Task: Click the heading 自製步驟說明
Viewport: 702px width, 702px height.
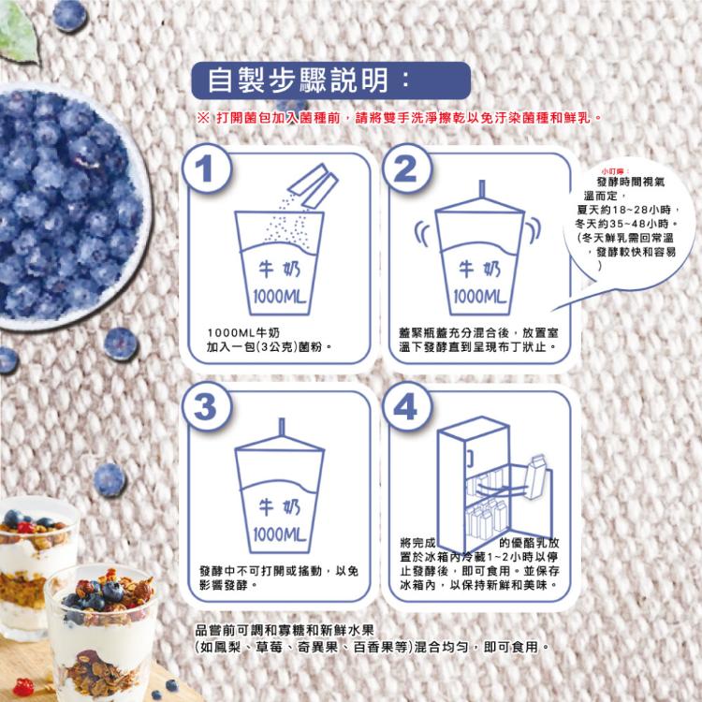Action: click(299, 80)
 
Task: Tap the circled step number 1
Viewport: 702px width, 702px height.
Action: click(207, 168)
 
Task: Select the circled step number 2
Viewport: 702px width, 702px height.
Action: click(405, 168)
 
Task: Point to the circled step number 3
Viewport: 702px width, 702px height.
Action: click(207, 406)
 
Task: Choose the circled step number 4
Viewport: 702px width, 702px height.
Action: click(405, 406)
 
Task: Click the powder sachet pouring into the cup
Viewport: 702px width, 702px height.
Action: click(313, 186)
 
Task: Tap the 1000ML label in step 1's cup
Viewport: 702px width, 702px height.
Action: click(279, 297)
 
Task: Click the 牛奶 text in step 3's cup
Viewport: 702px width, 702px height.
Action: click(279, 507)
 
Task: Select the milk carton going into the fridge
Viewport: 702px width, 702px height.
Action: click(536, 476)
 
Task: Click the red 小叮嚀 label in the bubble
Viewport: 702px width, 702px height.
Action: click(616, 171)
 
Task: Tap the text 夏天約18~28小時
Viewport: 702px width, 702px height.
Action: click(629, 210)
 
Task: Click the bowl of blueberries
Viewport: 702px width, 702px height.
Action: click(72, 207)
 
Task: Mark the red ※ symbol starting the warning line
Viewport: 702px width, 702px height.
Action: click(202, 118)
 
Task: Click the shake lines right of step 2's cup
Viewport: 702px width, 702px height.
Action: click(534, 229)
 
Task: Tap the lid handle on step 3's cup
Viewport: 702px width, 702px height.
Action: click(282, 427)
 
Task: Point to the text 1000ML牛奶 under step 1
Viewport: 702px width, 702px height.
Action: click(243, 333)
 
